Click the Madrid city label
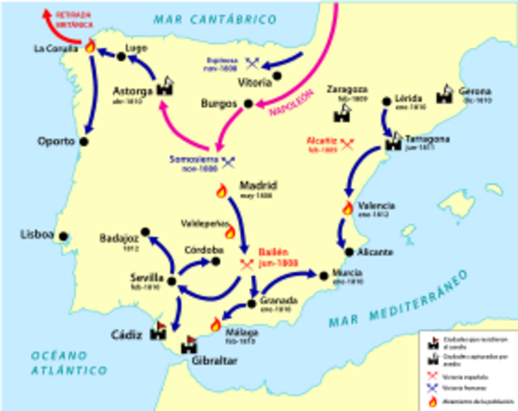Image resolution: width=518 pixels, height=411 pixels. pyautogui.click(x=259, y=184)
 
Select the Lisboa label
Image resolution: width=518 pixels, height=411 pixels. pyautogui.click(x=38, y=235)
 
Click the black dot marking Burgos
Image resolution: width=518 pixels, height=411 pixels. pyautogui.click(x=248, y=104)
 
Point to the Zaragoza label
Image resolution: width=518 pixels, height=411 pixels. pyautogui.click(x=346, y=88)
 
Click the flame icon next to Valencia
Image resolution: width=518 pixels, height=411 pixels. pyautogui.click(x=348, y=208)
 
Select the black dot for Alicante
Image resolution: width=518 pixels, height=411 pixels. pyautogui.click(x=348, y=252)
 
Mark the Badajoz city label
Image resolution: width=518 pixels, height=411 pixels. pyautogui.click(x=118, y=239)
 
